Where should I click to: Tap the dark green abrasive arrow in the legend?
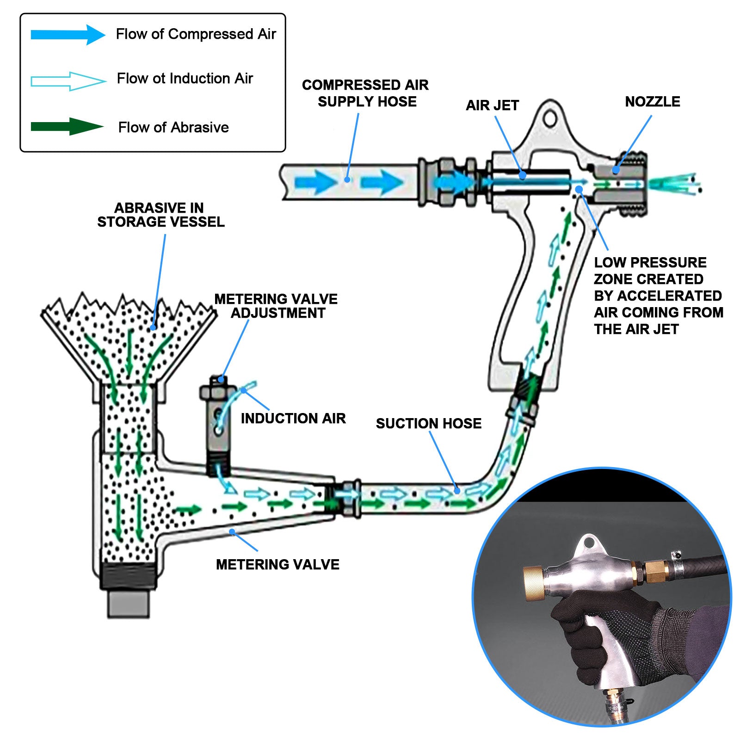point(67,127)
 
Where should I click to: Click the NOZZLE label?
point(652,102)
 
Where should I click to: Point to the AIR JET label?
point(492,105)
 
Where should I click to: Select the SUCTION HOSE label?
point(428,423)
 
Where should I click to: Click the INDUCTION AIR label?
point(293,418)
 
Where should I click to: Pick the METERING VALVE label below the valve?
point(277,564)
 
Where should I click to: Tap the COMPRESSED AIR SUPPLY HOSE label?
point(365,93)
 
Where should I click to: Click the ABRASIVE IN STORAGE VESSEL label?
point(160,215)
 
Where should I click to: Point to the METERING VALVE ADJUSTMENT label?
point(276,306)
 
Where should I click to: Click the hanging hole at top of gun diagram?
point(550,118)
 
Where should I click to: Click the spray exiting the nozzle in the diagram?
point(675,184)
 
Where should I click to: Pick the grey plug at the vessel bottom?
point(129,604)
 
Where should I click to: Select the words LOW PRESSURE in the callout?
point(650,262)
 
